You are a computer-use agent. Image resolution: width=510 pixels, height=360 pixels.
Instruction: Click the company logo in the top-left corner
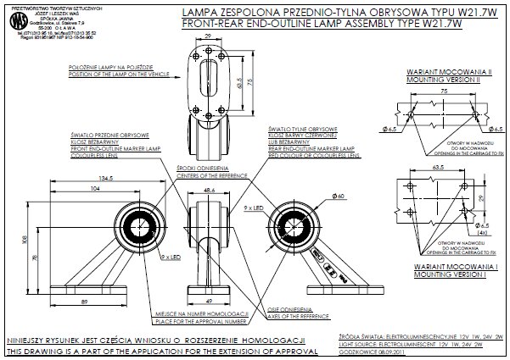14,17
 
